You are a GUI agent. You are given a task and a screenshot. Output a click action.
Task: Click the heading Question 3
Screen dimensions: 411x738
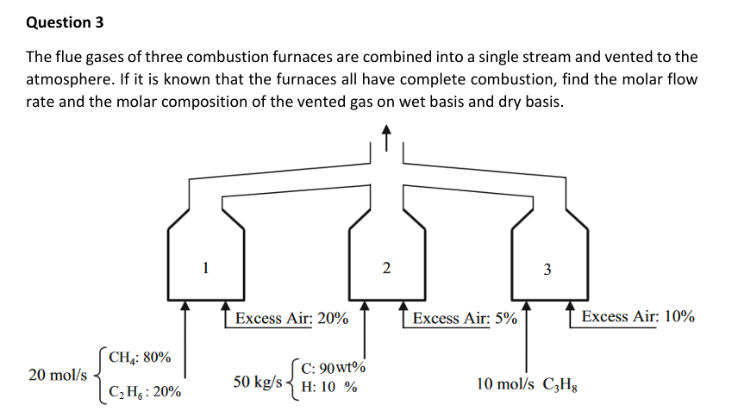[59, 22]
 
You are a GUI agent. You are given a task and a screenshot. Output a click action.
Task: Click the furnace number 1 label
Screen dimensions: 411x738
[204, 267]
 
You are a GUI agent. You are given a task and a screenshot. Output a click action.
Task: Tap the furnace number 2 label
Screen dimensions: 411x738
[385, 269]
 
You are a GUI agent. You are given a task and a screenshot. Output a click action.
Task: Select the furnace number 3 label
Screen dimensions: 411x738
[547, 270]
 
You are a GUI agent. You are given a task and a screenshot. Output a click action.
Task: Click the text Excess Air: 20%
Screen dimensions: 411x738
[291, 318]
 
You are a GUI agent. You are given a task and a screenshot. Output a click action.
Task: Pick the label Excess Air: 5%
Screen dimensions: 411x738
[465, 319]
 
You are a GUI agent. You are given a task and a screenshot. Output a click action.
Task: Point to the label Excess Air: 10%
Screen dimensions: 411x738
[638, 317]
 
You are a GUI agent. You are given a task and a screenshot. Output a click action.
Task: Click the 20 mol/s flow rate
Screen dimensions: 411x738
[57, 375]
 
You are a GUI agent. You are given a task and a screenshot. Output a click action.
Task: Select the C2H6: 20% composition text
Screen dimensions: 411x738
[144, 393]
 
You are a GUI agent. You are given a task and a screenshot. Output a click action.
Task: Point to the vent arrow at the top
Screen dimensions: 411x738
[386, 138]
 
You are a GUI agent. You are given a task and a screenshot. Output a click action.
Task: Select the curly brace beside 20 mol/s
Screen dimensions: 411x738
[97, 375]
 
